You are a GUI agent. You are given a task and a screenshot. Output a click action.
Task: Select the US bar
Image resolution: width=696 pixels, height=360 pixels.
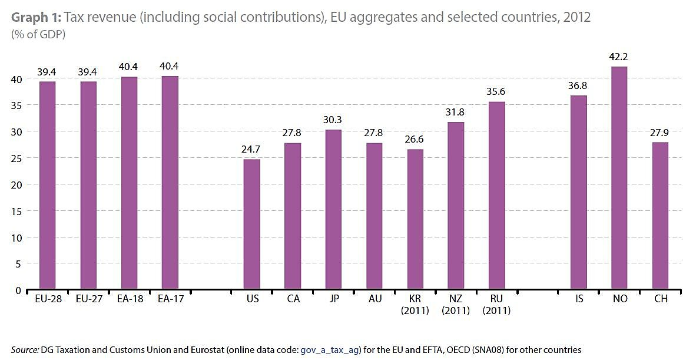(252, 224)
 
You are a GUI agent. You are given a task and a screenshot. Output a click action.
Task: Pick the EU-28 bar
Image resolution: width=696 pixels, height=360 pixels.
(48, 186)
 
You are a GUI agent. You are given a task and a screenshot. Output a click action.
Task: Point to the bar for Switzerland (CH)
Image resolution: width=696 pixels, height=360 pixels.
(661, 216)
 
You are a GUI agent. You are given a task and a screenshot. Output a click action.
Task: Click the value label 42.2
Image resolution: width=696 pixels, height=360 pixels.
(620, 57)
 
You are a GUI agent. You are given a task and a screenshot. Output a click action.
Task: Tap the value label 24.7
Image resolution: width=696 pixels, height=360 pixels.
(252, 150)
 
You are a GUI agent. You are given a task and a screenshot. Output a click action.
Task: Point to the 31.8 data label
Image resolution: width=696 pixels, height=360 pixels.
(456, 112)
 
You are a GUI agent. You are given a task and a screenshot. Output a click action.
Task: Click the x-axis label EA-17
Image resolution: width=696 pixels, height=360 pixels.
(171, 299)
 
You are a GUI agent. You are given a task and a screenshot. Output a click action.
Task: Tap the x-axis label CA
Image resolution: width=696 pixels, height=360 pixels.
(293, 299)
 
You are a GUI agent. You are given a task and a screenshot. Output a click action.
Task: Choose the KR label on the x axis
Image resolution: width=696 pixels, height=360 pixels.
(415, 299)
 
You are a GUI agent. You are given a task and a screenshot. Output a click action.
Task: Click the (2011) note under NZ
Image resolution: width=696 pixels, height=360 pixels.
(456, 311)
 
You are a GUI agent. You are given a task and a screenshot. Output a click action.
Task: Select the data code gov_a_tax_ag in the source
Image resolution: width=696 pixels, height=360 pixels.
(330, 349)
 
